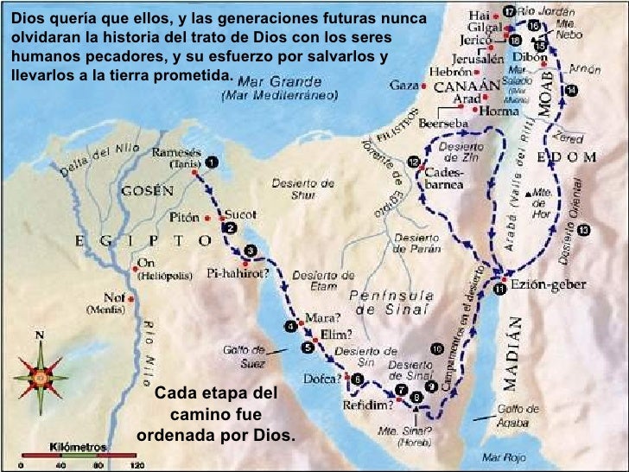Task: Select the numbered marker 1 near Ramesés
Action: [x=212, y=161]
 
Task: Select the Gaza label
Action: [x=403, y=86]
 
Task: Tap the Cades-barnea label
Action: [x=446, y=177]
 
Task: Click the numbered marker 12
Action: [x=415, y=162]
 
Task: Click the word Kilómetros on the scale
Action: [x=79, y=447]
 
